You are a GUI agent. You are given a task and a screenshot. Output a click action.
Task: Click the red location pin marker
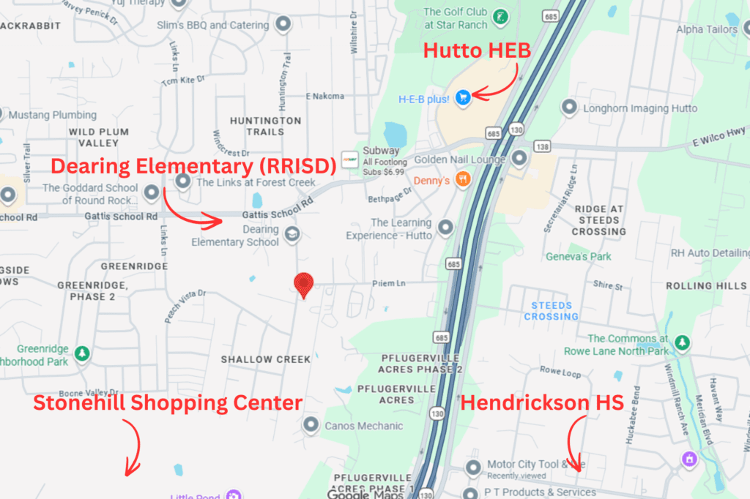click(x=303, y=284)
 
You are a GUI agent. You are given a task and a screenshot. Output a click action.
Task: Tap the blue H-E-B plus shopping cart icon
click(x=462, y=97)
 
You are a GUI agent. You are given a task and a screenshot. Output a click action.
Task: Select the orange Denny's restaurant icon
click(x=462, y=179)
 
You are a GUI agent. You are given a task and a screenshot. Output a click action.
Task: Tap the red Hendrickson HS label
click(x=543, y=402)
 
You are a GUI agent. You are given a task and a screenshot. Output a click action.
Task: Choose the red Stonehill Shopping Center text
click(x=168, y=402)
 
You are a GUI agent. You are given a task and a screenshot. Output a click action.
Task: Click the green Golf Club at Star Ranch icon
click(x=500, y=17)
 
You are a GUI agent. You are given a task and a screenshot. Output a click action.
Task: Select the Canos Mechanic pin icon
click(x=311, y=425)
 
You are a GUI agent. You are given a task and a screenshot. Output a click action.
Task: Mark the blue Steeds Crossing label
click(x=551, y=311)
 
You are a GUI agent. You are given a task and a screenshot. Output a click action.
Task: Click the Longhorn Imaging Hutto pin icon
click(x=568, y=108)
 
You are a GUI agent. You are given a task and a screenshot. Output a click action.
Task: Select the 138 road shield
click(x=543, y=147)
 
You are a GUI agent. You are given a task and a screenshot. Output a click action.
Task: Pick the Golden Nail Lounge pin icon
click(x=519, y=158)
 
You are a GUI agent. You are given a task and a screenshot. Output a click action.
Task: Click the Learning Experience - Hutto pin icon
click(x=445, y=229)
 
